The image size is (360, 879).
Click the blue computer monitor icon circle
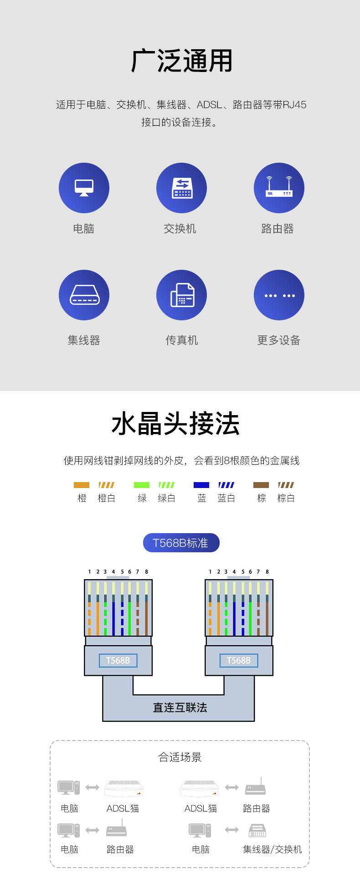[84, 188]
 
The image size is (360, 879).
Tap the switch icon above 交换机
[181, 188]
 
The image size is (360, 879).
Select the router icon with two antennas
[279, 188]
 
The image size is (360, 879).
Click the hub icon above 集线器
[84, 295]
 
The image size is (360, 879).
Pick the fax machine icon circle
[181, 295]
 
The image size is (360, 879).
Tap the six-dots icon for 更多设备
[279, 295]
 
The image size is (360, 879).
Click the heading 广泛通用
[182, 61]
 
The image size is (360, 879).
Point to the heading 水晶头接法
[176, 424]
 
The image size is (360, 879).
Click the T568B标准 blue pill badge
[181, 543]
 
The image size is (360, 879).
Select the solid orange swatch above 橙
[82, 485]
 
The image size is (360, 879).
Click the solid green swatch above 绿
[142, 485]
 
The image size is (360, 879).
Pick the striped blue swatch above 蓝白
[226, 485]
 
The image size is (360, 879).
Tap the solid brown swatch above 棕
[261, 485]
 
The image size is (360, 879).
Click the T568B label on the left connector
[118, 660]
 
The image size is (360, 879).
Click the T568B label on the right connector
[239, 660]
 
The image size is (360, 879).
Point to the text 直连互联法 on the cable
[180, 707]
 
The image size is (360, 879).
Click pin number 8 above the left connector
[146, 571]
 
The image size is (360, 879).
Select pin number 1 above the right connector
[210, 571]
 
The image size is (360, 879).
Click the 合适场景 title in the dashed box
[180, 757]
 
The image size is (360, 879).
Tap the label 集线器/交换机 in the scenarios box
[273, 849]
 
